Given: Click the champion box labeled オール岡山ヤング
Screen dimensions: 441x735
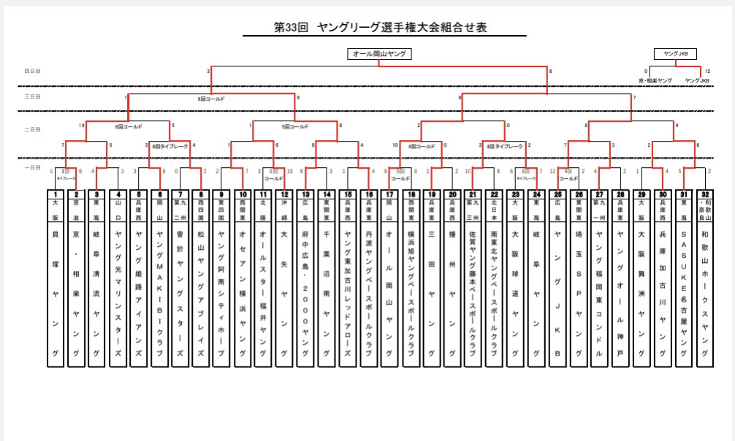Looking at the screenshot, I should (x=379, y=53).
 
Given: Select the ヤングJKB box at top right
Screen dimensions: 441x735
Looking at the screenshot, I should (x=675, y=53).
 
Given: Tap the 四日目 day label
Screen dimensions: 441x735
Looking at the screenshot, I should (x=32, y=71).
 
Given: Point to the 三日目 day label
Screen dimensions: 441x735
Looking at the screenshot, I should (x=32, y=96).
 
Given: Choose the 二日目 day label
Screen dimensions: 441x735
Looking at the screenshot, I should (x=32, y=129).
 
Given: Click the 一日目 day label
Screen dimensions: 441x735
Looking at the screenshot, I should (x=32, y=168).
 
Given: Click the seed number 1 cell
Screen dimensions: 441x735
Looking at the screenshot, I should (x=55, y=194).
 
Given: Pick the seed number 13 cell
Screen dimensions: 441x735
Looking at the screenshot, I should (x=306, y=194).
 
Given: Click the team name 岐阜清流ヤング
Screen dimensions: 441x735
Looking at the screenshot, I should (x=96, y=292).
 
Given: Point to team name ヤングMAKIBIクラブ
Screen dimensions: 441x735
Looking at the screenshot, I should (x=159, y=292).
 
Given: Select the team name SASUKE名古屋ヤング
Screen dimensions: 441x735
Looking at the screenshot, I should (x=684, y=292).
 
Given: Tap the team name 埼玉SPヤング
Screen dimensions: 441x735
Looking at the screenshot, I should (x=579, y=292).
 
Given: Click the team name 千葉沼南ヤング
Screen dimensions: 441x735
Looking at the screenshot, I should (x=327, y=292).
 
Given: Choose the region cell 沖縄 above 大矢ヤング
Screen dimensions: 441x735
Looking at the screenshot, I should (x=285, y=208).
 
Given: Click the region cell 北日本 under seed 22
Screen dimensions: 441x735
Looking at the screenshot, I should (x=495, y=208).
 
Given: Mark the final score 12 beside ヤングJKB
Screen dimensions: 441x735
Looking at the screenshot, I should (x=707, y=72).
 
